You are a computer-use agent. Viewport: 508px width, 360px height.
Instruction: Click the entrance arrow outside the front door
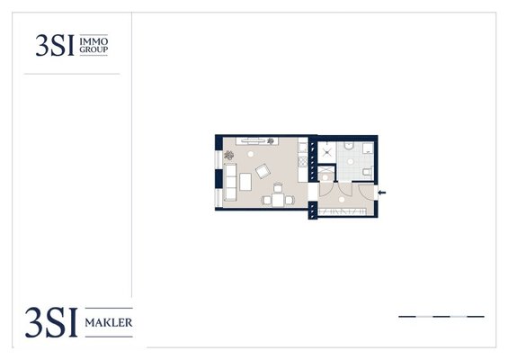pyautogui.click(x=382, y=193)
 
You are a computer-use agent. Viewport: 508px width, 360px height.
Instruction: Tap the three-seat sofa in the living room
pyautogui.click(x=230, y=182)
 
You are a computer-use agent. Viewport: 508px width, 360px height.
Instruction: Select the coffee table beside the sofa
pyautogui.click(x=245, y=182)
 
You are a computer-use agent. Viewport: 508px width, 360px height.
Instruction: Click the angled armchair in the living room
pyautogui.click(x=263, y=171)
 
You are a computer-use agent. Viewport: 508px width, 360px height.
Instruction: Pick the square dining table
pyautogui.click(x=278, y=200)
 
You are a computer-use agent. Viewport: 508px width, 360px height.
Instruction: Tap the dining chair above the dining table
pyautogui.click(x=278, y=188)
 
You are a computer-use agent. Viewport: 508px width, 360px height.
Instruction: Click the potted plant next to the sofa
pyautogui.click(x=228, y=156)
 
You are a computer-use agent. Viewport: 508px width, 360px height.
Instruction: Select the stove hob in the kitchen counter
pyautogui.click(x=303, y=161)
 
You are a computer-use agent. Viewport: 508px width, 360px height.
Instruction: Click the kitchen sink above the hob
pyautogui.click(x=303, y=148)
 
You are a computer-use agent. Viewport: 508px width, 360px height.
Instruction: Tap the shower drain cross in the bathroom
pyautogui.click(x=327, y=153)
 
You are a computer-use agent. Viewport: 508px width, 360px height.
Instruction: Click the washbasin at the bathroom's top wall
pyautogui.click(x=350, y=146)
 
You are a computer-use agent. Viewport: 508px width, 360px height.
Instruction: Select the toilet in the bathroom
pyautogui.click(x=368, y=172)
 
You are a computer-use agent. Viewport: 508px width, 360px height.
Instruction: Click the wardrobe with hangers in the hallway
pyautogui.click(x=343, y=211)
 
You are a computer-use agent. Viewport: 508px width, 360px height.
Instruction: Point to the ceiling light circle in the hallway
pyautogui.click(x=342, y=200)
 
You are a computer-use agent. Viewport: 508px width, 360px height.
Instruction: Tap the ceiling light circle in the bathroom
pyautogui.click(x=351, y=161)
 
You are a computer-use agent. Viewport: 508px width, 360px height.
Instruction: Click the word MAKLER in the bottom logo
pyautogui.click(x=109, y=323)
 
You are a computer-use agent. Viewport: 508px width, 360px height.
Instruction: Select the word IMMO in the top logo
pyautogui.click(x=94, y=41)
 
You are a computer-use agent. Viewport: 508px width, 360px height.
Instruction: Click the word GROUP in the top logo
pyautogui.click(x=94, y=49)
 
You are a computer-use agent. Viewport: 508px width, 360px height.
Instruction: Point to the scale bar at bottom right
pyautogui.click(x=441, y=316)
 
